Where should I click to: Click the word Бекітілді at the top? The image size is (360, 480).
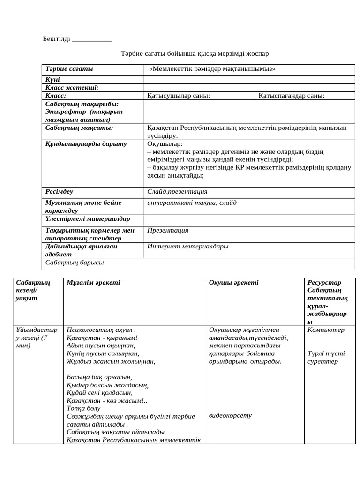pos(57,39)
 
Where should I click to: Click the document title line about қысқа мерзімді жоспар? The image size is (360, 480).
pos(195,54)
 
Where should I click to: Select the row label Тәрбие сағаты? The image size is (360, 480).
pos(69,69)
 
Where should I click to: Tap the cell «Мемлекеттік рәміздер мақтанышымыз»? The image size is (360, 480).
pos(212,69)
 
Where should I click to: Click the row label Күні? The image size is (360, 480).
pos(52,80)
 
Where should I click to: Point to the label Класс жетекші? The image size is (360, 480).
pos(72,88)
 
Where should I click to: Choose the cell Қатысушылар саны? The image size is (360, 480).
pos(179,96)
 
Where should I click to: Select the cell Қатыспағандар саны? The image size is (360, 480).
pos(291,96)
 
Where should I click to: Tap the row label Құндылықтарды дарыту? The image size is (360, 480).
pos(86,144)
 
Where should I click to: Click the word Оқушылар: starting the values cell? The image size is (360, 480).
pos(165,144)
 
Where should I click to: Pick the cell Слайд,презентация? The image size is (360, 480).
pos(177,192)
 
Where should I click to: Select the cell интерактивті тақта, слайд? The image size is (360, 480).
pos(192,203)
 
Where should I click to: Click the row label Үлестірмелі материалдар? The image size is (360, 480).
pos(88,219)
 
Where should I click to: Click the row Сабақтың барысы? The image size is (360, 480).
pos(75,262)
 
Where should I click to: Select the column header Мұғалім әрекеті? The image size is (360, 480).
pos(93,283)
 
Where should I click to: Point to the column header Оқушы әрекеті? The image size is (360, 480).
pos(233,283)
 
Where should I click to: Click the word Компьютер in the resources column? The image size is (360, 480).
pos(326,330)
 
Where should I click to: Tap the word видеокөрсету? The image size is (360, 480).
pos(230,415)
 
